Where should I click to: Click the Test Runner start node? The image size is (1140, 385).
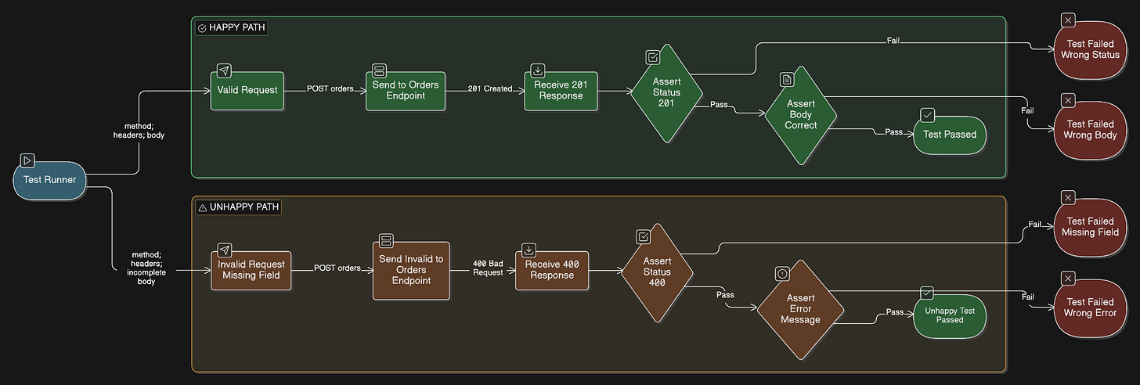coord(49,180)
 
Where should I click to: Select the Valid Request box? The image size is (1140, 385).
coord(247,91)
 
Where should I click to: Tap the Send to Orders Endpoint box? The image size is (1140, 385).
coord(406,91)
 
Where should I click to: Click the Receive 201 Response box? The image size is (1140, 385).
coord(561,91)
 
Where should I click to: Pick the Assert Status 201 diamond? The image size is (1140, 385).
coord(667,93)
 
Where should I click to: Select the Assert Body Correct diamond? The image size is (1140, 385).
coord(801,115)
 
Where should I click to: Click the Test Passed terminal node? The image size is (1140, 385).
coord(950,135)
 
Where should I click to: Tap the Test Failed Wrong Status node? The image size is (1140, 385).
coord(1090,50)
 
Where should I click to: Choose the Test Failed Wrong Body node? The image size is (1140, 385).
coord(1090,130)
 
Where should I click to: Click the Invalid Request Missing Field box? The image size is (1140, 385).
coord(251,270)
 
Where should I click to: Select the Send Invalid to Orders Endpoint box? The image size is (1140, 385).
coord(411,270)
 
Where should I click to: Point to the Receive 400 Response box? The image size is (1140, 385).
coord(552,270)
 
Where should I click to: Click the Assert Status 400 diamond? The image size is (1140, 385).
coord(657,272)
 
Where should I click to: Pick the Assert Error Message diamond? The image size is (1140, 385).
coord(800,309)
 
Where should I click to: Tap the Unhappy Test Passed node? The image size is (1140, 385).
coord(950,316)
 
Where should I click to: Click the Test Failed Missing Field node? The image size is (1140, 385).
coord(1090,227)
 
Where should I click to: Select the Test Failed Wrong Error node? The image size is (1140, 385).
coord(1090,308)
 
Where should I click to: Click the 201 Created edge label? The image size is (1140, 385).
coord(490,88)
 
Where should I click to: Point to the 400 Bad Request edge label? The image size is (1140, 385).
coord(488,268)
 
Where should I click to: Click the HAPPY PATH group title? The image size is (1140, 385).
coord(236,27)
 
